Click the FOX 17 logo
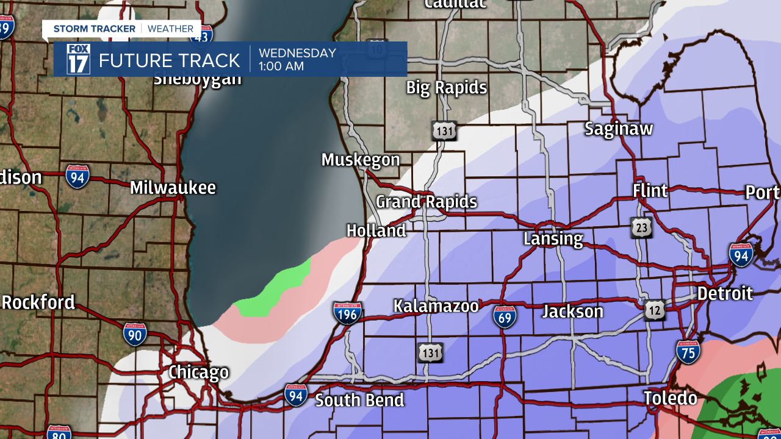coord(78,59)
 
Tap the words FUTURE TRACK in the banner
coord(170,60)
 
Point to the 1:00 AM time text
coord(281,66)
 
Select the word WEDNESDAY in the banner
coord(297,53)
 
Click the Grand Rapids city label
coord(426,202)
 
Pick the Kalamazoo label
coord(436,306)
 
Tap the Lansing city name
coord(553,238)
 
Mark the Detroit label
coord(725,293)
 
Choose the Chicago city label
coord(198,372)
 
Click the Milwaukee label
coord(173,187)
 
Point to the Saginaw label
coord(619,129)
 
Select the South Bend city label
coord(359,400)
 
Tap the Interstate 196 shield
coord(348,313)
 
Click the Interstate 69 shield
coord(505,316)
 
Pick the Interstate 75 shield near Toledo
coord(688,352)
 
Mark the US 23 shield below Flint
coord(642,227)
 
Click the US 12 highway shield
coord(655,310)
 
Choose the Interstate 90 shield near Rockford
coord(135,334)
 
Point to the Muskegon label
coord(361,160)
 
